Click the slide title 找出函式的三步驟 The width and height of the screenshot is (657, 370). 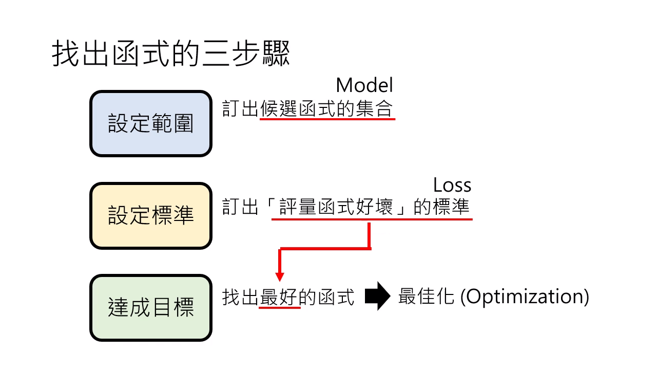pyautogui.click(x=171, y=53)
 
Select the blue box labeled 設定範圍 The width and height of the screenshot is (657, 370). pyautogui.click(x=151, y=124)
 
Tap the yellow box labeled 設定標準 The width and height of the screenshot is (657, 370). pyautogui.click(x=151, y=216)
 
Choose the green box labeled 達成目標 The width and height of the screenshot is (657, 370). pyautogui.click(x=151, y=308)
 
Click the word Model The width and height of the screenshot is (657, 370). pyautogui.click(x=364, y=85)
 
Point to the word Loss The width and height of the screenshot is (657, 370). pyautogui.click(x=452, y=185)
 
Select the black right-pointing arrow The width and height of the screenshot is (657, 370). pyautogui.click(x=377, y=296)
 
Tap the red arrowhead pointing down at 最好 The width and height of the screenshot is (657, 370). pyautogui.click(x=280, y=276)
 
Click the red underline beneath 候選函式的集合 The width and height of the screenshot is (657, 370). pyautogui.click(x=327, y=119)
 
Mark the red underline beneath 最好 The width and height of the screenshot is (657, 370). pyautogui.click(x=280, y=307)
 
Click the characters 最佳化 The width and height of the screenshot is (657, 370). pyautogui.click(x=427, y=297)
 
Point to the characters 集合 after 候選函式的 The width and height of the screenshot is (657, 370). pyautogui.click(x=374, y=108)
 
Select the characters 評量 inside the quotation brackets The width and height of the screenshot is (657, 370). pyautogui.click(x=297, y=207)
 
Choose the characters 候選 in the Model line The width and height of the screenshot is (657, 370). pyautogui.click(x=278, y=108)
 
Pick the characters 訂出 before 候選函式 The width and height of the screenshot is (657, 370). pyautogui.click(x=240, y=108)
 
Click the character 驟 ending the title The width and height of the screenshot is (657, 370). pyautogui.click(x=276, y=53)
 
